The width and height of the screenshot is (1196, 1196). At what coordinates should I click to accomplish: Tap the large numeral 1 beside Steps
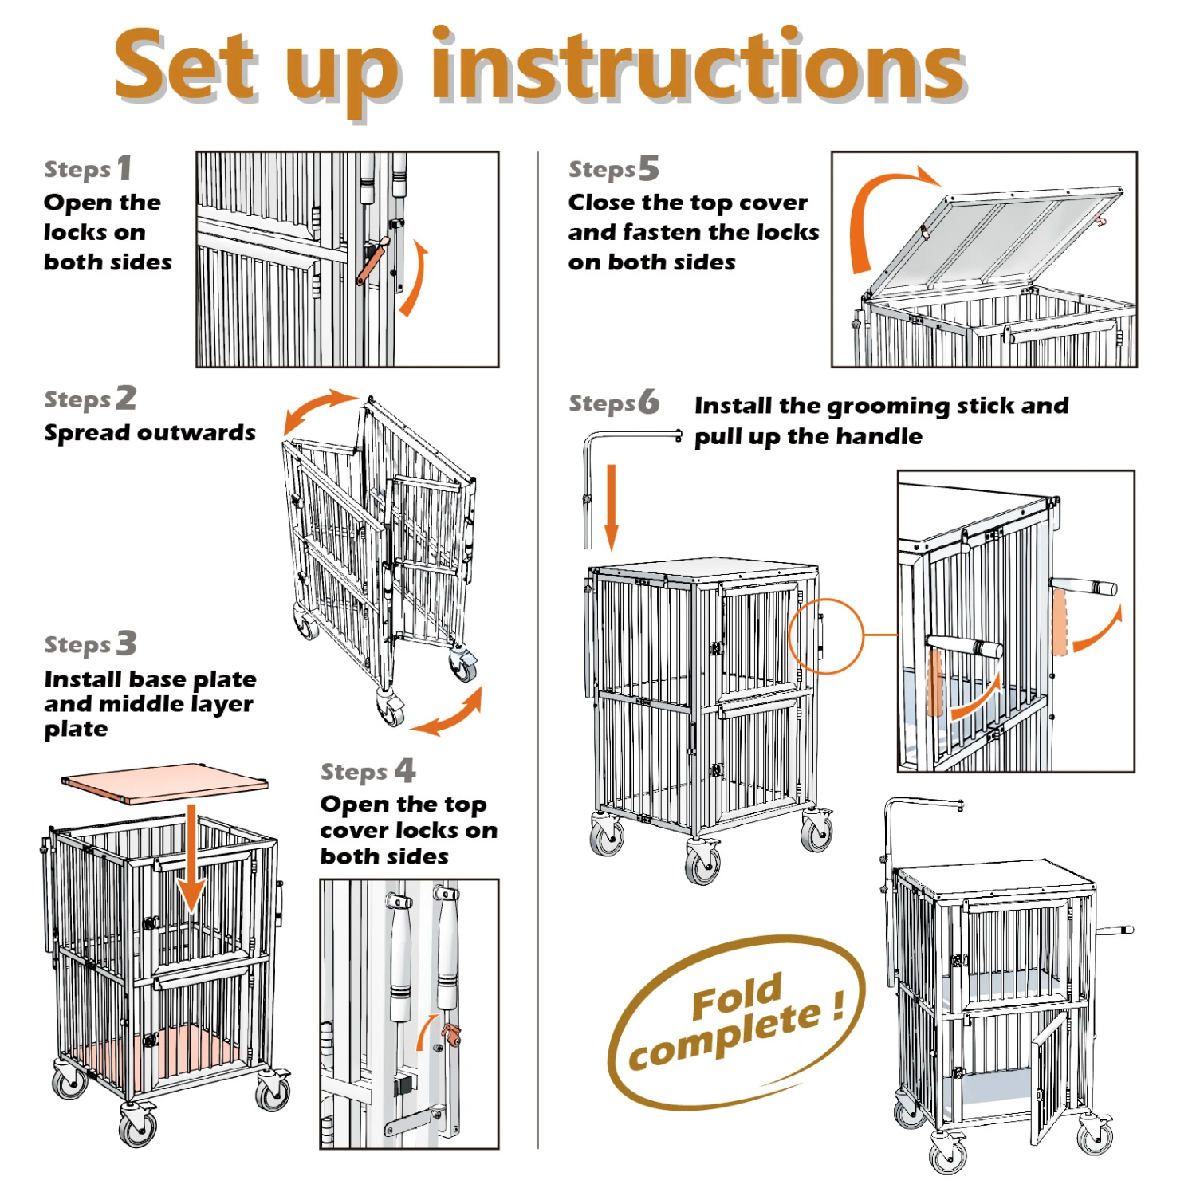124,168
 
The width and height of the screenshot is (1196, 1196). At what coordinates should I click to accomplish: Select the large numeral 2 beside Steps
126,397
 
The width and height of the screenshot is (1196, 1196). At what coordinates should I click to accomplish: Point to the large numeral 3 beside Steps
127,643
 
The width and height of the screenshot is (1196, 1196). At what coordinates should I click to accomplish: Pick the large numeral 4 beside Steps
405,770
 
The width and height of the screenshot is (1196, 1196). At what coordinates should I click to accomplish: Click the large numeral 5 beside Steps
648,168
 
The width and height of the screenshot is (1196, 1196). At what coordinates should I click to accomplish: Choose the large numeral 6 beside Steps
649,402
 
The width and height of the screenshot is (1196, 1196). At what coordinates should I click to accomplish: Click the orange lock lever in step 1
372,260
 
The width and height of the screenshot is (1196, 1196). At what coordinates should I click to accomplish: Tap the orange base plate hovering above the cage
165,783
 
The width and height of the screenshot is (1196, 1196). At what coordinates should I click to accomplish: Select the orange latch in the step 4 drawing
451,1036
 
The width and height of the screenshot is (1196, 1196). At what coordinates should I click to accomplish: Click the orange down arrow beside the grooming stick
612,508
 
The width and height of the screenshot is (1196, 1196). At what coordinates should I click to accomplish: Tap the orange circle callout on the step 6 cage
826,636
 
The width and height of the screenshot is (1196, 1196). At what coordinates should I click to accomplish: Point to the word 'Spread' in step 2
84,434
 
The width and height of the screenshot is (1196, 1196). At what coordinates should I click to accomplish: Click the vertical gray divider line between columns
538,650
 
